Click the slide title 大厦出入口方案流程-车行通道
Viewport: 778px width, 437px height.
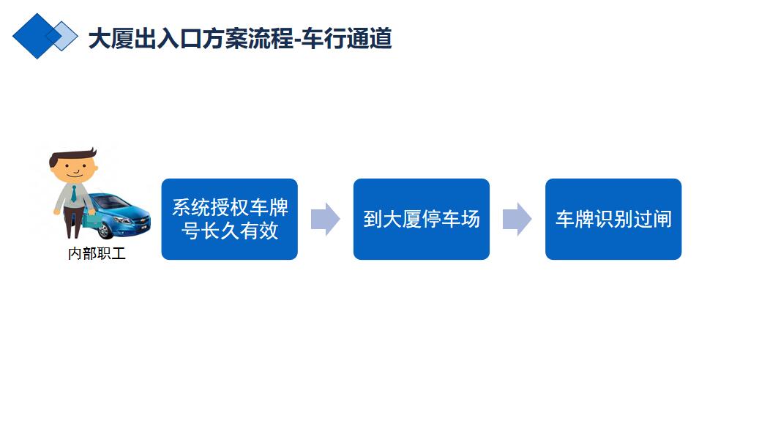[x=240, y=38]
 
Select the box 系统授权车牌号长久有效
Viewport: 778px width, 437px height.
[x=230, y=219]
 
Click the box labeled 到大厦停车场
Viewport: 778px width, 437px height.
[x=422, y=219]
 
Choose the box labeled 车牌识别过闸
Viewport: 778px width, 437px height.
[x=613, y=219]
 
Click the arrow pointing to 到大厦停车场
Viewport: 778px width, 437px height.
[x=326, y=219]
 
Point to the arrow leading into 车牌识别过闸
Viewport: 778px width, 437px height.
[x=517, y=219]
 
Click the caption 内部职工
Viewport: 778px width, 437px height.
[x=97, y=253]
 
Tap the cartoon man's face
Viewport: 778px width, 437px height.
[x=75, y=168]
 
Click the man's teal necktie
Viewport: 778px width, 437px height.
[x=73, y=193]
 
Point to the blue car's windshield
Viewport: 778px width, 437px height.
[x=112, y=202]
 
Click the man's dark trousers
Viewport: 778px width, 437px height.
[x=73, y=222]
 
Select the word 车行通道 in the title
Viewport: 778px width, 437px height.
[x=347, y=38]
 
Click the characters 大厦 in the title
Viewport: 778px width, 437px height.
[x=111, y=38]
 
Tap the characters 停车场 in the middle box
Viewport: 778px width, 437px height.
[x=451, y=219]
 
